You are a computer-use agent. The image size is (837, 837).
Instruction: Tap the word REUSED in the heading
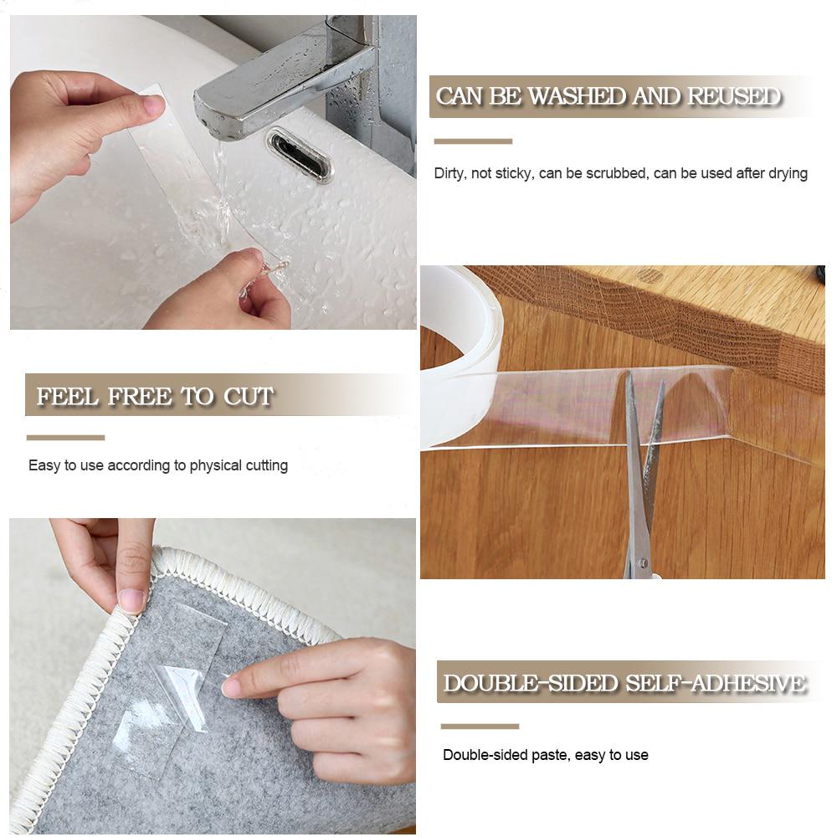733,97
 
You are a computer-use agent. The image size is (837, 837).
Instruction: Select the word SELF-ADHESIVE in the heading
716,684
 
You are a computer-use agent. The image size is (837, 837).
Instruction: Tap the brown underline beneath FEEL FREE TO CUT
65,437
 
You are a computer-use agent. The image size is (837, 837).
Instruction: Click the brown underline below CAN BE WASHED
473,141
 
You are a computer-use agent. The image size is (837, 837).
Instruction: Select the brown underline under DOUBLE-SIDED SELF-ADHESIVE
480,726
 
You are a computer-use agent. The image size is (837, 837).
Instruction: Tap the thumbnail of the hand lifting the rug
131,600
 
